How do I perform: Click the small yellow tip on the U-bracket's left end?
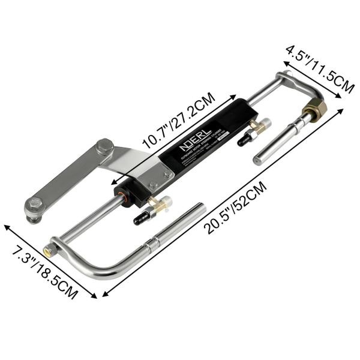[x=46, y=247]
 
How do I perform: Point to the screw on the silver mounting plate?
[x=154, y=186]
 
